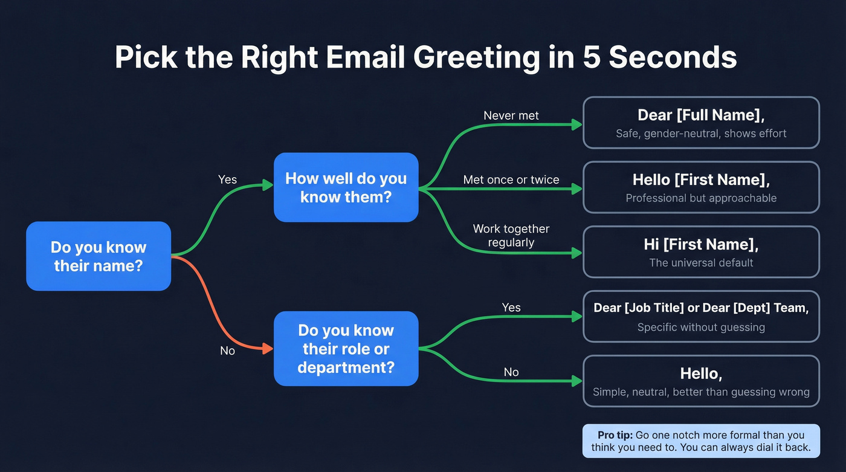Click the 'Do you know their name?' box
[x=98, y=256]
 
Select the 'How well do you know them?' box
[x=346, y=187]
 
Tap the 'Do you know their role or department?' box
[x=346, y=349]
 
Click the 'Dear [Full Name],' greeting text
[x=701, y=115]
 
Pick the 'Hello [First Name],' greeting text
[x=701, y=179]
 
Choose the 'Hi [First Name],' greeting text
[x=701, y=244]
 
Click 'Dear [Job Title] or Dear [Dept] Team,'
[x=701, y=308]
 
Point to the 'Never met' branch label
[x=511, y=115]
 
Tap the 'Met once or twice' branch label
[x=511, y=179]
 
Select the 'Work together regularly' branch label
[x=511, y=236]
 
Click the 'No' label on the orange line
[x=227, y=351]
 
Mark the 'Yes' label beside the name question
[x=227, y=179]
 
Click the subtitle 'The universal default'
[x=701, y=263]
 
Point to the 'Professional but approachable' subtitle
[x=701, y=198]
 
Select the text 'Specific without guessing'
[x=701, y=328]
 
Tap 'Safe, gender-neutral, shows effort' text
[x=701, y=134]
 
